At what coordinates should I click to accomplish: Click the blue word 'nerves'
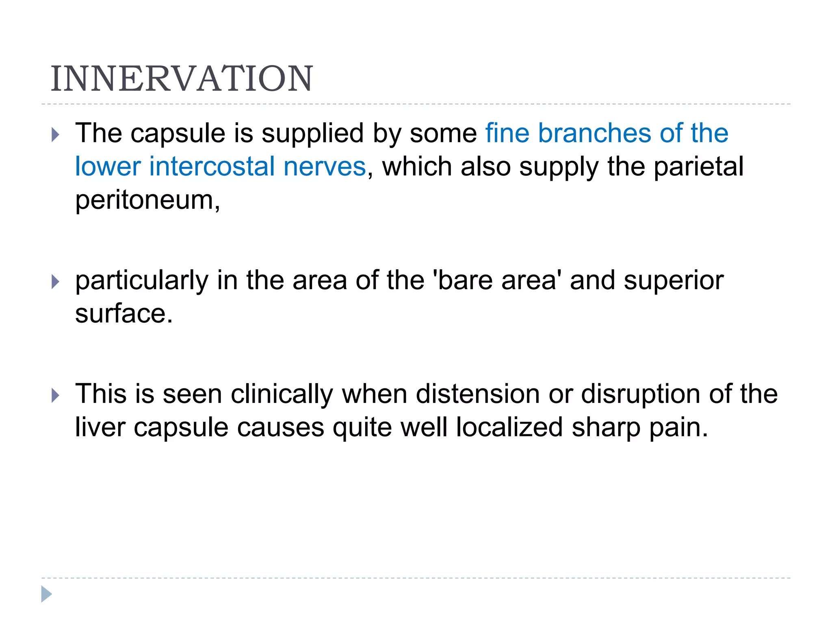[325, 167]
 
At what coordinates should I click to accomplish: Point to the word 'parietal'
[698, 167]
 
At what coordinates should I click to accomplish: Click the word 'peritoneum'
[145, 200]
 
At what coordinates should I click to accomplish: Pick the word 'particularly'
[142, 281]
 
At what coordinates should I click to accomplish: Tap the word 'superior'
[674, 281]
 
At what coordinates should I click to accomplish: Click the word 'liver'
[100, 427]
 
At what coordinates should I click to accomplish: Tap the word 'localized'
[509, 427]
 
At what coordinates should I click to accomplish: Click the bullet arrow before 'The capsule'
[56, 134]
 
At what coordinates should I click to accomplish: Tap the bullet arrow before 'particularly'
[56, 282]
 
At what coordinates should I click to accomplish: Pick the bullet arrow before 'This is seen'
[56, 395]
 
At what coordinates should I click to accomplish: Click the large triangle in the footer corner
[46, 594]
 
